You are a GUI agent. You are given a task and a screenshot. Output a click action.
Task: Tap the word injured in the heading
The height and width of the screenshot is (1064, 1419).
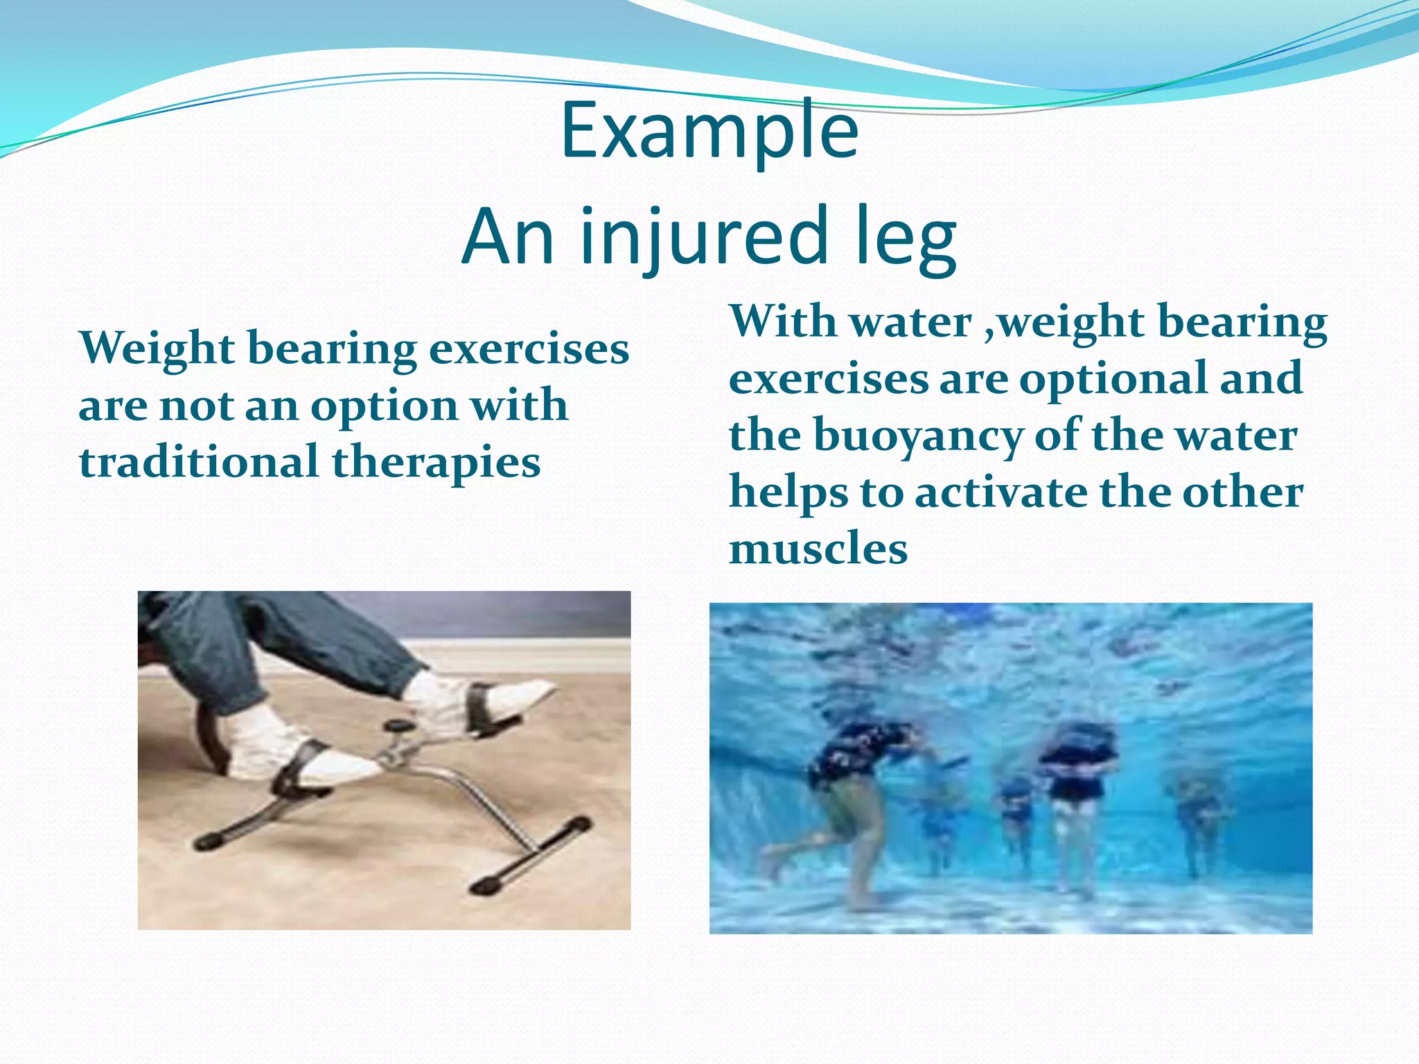(704, 237)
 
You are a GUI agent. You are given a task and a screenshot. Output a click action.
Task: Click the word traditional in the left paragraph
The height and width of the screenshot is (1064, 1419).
(198, 462)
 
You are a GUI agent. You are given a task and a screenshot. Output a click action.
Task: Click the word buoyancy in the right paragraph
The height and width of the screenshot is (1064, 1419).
(917, 436)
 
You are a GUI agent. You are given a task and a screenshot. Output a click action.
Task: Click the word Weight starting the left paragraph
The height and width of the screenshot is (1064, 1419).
(157, 348)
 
